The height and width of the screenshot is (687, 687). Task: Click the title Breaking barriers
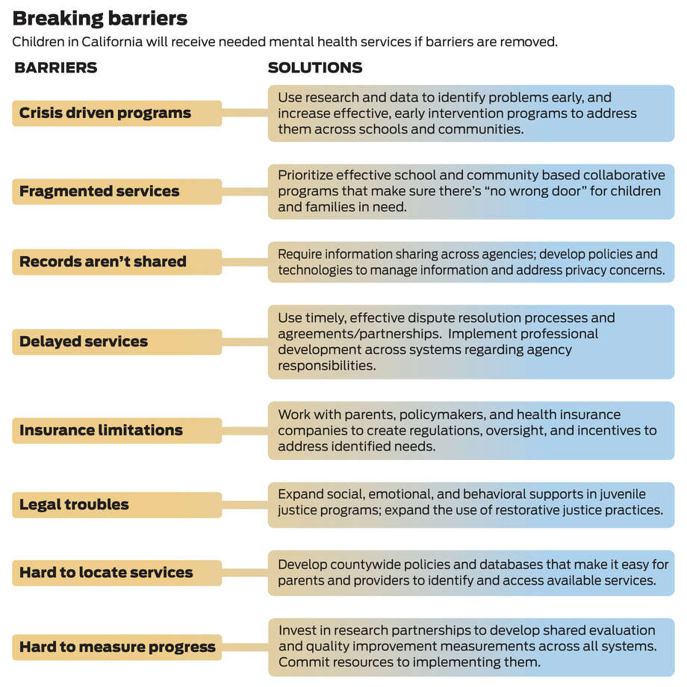[100, 19]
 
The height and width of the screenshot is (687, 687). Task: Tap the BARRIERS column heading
[56, 67]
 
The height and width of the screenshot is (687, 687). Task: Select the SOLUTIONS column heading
[315, 67]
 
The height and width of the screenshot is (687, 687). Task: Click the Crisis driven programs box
[117, 114]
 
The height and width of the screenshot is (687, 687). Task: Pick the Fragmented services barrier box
[117, 191]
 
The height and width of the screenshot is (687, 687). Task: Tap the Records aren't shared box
[117, 262]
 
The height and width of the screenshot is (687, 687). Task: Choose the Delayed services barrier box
[117, 342]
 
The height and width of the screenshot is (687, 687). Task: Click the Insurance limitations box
[117, 431]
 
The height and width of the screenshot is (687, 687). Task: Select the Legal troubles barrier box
[117, 505]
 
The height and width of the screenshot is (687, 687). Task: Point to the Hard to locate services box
[117, 573]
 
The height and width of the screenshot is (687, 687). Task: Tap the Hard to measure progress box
[117, 647]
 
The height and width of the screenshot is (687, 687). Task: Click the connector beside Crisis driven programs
[245, 113]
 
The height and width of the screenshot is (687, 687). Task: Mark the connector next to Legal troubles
[245, 505]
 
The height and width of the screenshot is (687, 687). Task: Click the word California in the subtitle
[112, 42]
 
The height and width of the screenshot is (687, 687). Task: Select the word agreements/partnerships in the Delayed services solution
[360, 334]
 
